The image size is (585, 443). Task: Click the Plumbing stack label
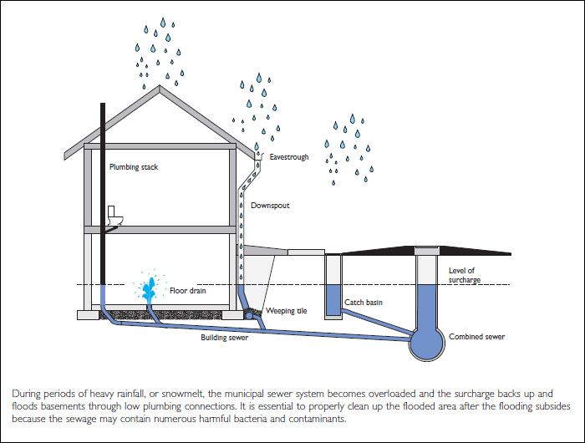click(x=133, y=167)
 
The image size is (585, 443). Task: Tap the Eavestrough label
click(x=288, y=156)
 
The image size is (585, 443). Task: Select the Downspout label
click(x=270, y=206)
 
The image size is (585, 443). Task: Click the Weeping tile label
click(x=287, y=311)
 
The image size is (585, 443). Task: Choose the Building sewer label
click(x=224, y=338)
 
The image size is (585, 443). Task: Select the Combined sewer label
click(x=477, y=337)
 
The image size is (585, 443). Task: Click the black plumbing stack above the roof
click(x=102, y=121)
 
